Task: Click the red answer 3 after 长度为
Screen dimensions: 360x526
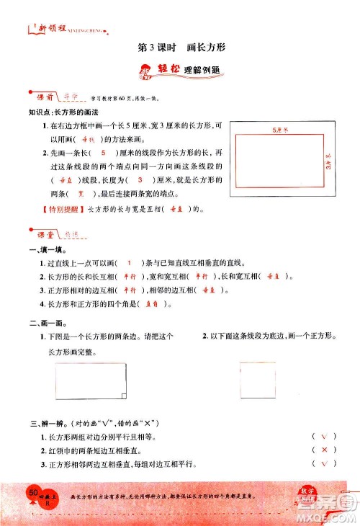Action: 141,179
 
